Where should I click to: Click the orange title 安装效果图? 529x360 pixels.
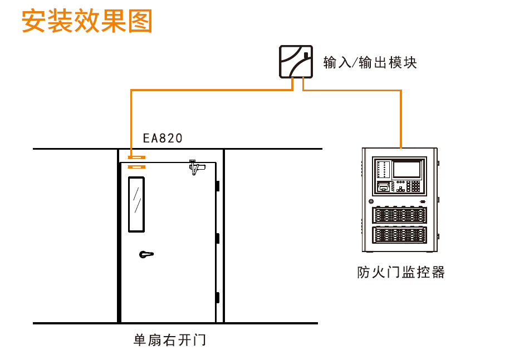pos(87,21)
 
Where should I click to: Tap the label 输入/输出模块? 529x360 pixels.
pos(370,62)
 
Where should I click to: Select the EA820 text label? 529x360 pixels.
pos(162,138)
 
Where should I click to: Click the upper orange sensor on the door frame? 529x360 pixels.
pos(136,157)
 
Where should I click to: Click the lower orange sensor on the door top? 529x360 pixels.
pos(136,166)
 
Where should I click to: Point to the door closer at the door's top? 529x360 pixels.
pos(197,167)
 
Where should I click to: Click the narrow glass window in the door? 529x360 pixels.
pos(136,204)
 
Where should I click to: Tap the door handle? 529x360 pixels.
pos(146,254)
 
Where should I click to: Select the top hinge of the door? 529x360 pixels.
pos(218,186)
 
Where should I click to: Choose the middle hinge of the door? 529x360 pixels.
pos(218,238)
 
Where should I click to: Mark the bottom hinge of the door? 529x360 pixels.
pos(218,297)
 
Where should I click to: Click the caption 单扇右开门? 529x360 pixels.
pos(169,340)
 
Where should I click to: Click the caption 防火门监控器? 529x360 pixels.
pos(401,272)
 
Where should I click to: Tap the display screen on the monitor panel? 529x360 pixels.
pos(407,169)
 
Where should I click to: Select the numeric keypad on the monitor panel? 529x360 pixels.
pos(415,186)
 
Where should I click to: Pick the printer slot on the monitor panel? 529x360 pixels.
pos(383,186)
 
